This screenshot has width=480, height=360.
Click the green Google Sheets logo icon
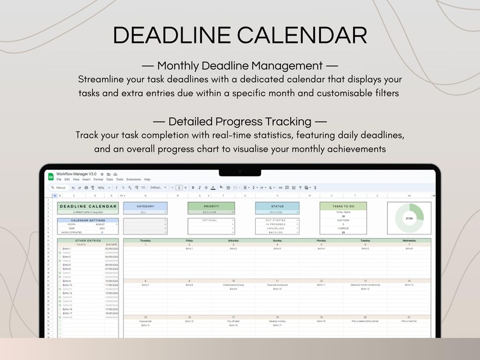[51, 176]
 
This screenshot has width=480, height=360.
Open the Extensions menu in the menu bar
[133, 179]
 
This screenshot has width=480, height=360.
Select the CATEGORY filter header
[145, 206]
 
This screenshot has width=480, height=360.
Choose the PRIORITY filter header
[211, 206]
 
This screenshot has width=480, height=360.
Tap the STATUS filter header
[277, 206]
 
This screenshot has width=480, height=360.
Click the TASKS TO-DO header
[343, 206]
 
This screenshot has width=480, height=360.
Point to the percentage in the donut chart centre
[409, 218]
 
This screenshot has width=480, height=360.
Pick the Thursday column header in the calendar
[145, 240]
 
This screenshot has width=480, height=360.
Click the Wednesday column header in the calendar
[409, 240]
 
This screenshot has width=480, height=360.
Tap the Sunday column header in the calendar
[277, 240]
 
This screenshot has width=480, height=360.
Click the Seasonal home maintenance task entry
[365, 284]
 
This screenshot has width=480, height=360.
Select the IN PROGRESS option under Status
[277, 224]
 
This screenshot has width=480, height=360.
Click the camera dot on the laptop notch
[239, 172]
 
